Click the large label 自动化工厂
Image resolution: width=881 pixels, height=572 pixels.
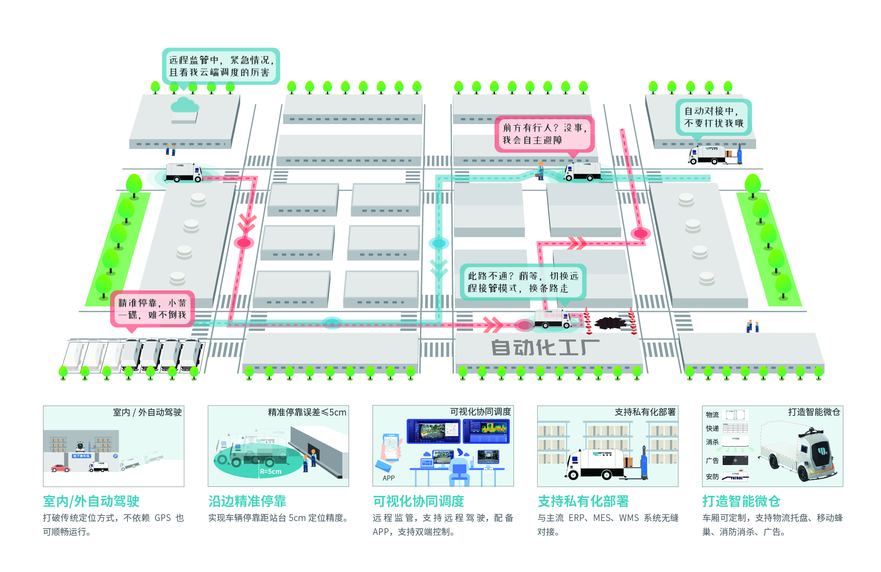(545, 348)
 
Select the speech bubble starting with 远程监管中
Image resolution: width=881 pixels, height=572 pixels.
(221, 66)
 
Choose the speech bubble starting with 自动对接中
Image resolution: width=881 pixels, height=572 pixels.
(713, 117)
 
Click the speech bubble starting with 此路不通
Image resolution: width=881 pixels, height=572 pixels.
(523, 282)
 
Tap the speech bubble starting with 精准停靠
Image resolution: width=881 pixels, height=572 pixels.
(152, 309)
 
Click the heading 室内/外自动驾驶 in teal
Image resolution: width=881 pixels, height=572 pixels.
(91, 501)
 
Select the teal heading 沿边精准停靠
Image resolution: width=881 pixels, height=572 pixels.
(247, 501)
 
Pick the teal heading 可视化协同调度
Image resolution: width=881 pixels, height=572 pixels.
(418, 501)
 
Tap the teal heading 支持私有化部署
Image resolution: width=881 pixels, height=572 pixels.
(583, 501)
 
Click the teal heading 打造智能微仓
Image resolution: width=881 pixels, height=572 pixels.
(741, 501)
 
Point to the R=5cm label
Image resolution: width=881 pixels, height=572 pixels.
(270, 471)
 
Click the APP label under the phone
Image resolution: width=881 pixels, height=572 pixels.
(388, 478)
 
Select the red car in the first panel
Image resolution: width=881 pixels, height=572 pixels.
(60, 468)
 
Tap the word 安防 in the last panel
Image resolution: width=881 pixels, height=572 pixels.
(712, 477)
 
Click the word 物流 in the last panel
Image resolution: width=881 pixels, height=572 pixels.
(712, 415)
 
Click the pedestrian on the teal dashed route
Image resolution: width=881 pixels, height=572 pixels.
(541, 170)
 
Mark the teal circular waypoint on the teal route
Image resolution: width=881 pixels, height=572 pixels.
(439, 243)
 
